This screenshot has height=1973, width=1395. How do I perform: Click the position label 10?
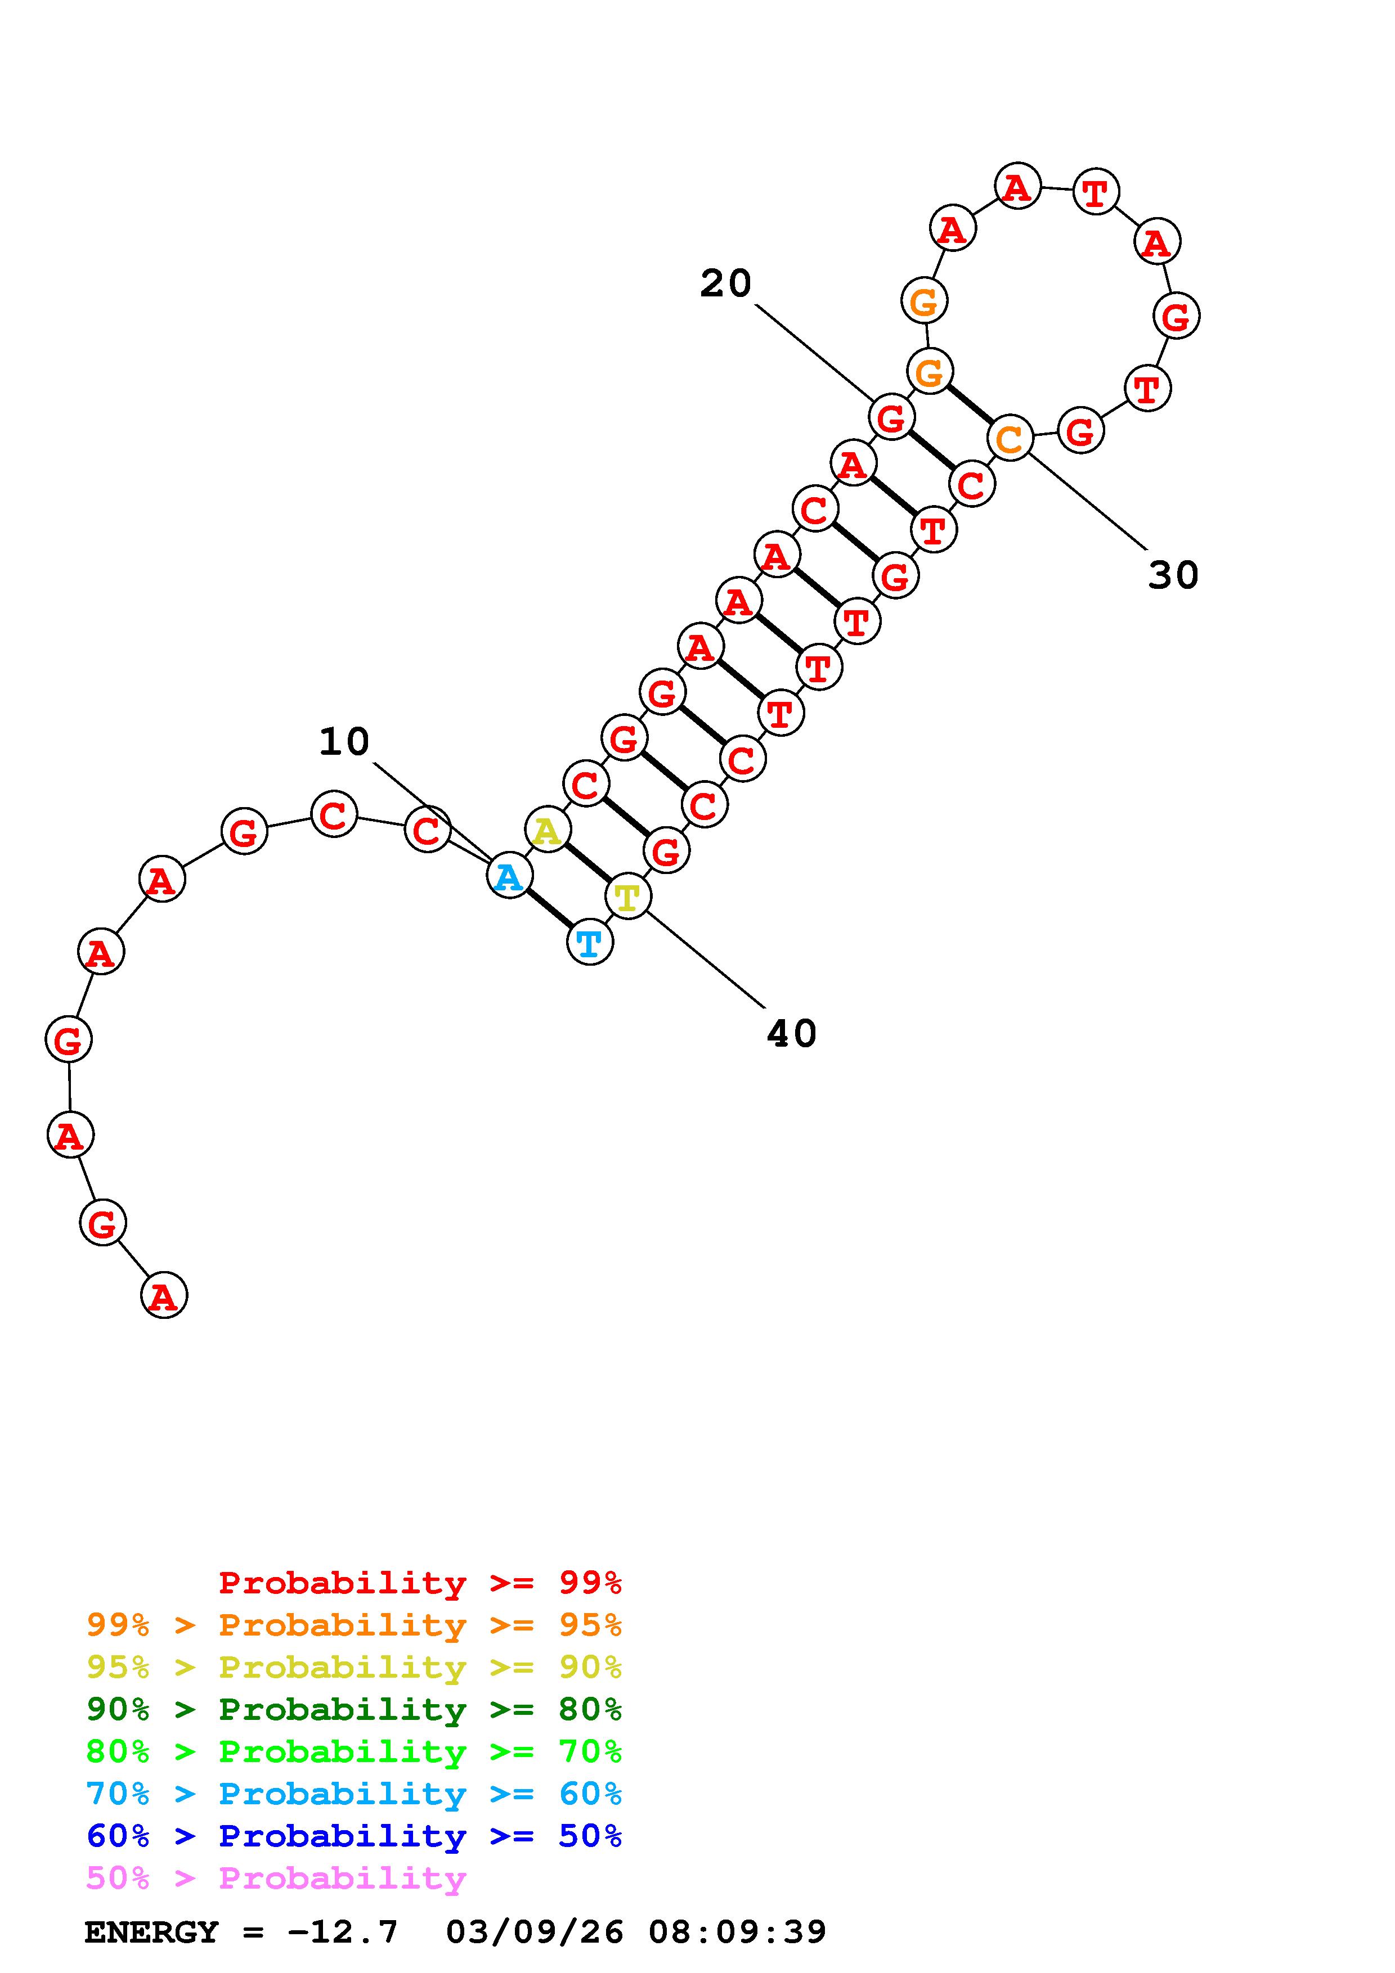(x=344, y=742)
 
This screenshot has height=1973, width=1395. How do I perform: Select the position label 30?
(x=1173, y=575)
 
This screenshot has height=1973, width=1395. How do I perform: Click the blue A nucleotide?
(x=510, y=876)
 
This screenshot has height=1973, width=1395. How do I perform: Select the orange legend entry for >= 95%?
(x=354, y=1625)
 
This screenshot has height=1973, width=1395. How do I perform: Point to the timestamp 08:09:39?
(x=738, y=1932)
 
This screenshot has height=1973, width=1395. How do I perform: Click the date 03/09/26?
(x=535, y=1932)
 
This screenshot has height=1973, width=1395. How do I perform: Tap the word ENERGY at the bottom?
(x=151, y=1932)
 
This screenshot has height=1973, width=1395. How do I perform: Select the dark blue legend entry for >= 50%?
(x=354, y=1836)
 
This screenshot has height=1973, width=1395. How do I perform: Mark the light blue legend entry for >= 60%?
(x=354, y=1794)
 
